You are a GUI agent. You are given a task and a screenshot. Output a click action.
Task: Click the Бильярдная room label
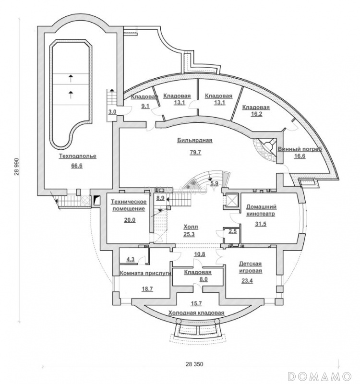coord(195,141)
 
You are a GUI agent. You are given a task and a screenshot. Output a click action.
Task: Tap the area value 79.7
coord(195,152)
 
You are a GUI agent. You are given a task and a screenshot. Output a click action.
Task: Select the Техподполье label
coord(77,156)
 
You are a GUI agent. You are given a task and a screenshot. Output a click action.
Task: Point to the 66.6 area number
coord(77,166)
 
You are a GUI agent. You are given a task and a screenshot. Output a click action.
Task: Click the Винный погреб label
coord(300,149)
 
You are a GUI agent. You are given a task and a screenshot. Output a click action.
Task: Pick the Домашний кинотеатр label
coord(261,210)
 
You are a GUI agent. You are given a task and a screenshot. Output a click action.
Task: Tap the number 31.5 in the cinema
coord(261,224)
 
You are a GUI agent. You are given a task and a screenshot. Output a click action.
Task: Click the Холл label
coord(191,227)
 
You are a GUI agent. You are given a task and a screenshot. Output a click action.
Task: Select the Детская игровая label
coord(250,267)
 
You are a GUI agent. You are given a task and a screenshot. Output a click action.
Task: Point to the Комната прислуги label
coord(145,274)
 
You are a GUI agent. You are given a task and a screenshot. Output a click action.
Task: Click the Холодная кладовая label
coord(196,313)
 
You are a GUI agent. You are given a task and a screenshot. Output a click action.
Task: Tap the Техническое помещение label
coord(129,205)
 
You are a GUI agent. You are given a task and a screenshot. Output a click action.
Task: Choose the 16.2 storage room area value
coord(256,114)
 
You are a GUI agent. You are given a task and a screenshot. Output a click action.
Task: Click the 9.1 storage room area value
coord(145,106)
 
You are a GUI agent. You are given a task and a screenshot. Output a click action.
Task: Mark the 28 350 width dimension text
coord(194,364)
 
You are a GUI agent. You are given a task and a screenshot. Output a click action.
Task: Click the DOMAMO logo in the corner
coord(319,375)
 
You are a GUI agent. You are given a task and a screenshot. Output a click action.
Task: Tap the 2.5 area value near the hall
coord(233,231)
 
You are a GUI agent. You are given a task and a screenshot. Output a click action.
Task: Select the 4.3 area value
coord(131,260)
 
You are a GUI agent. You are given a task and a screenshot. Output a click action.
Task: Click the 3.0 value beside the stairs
coord(112,112)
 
